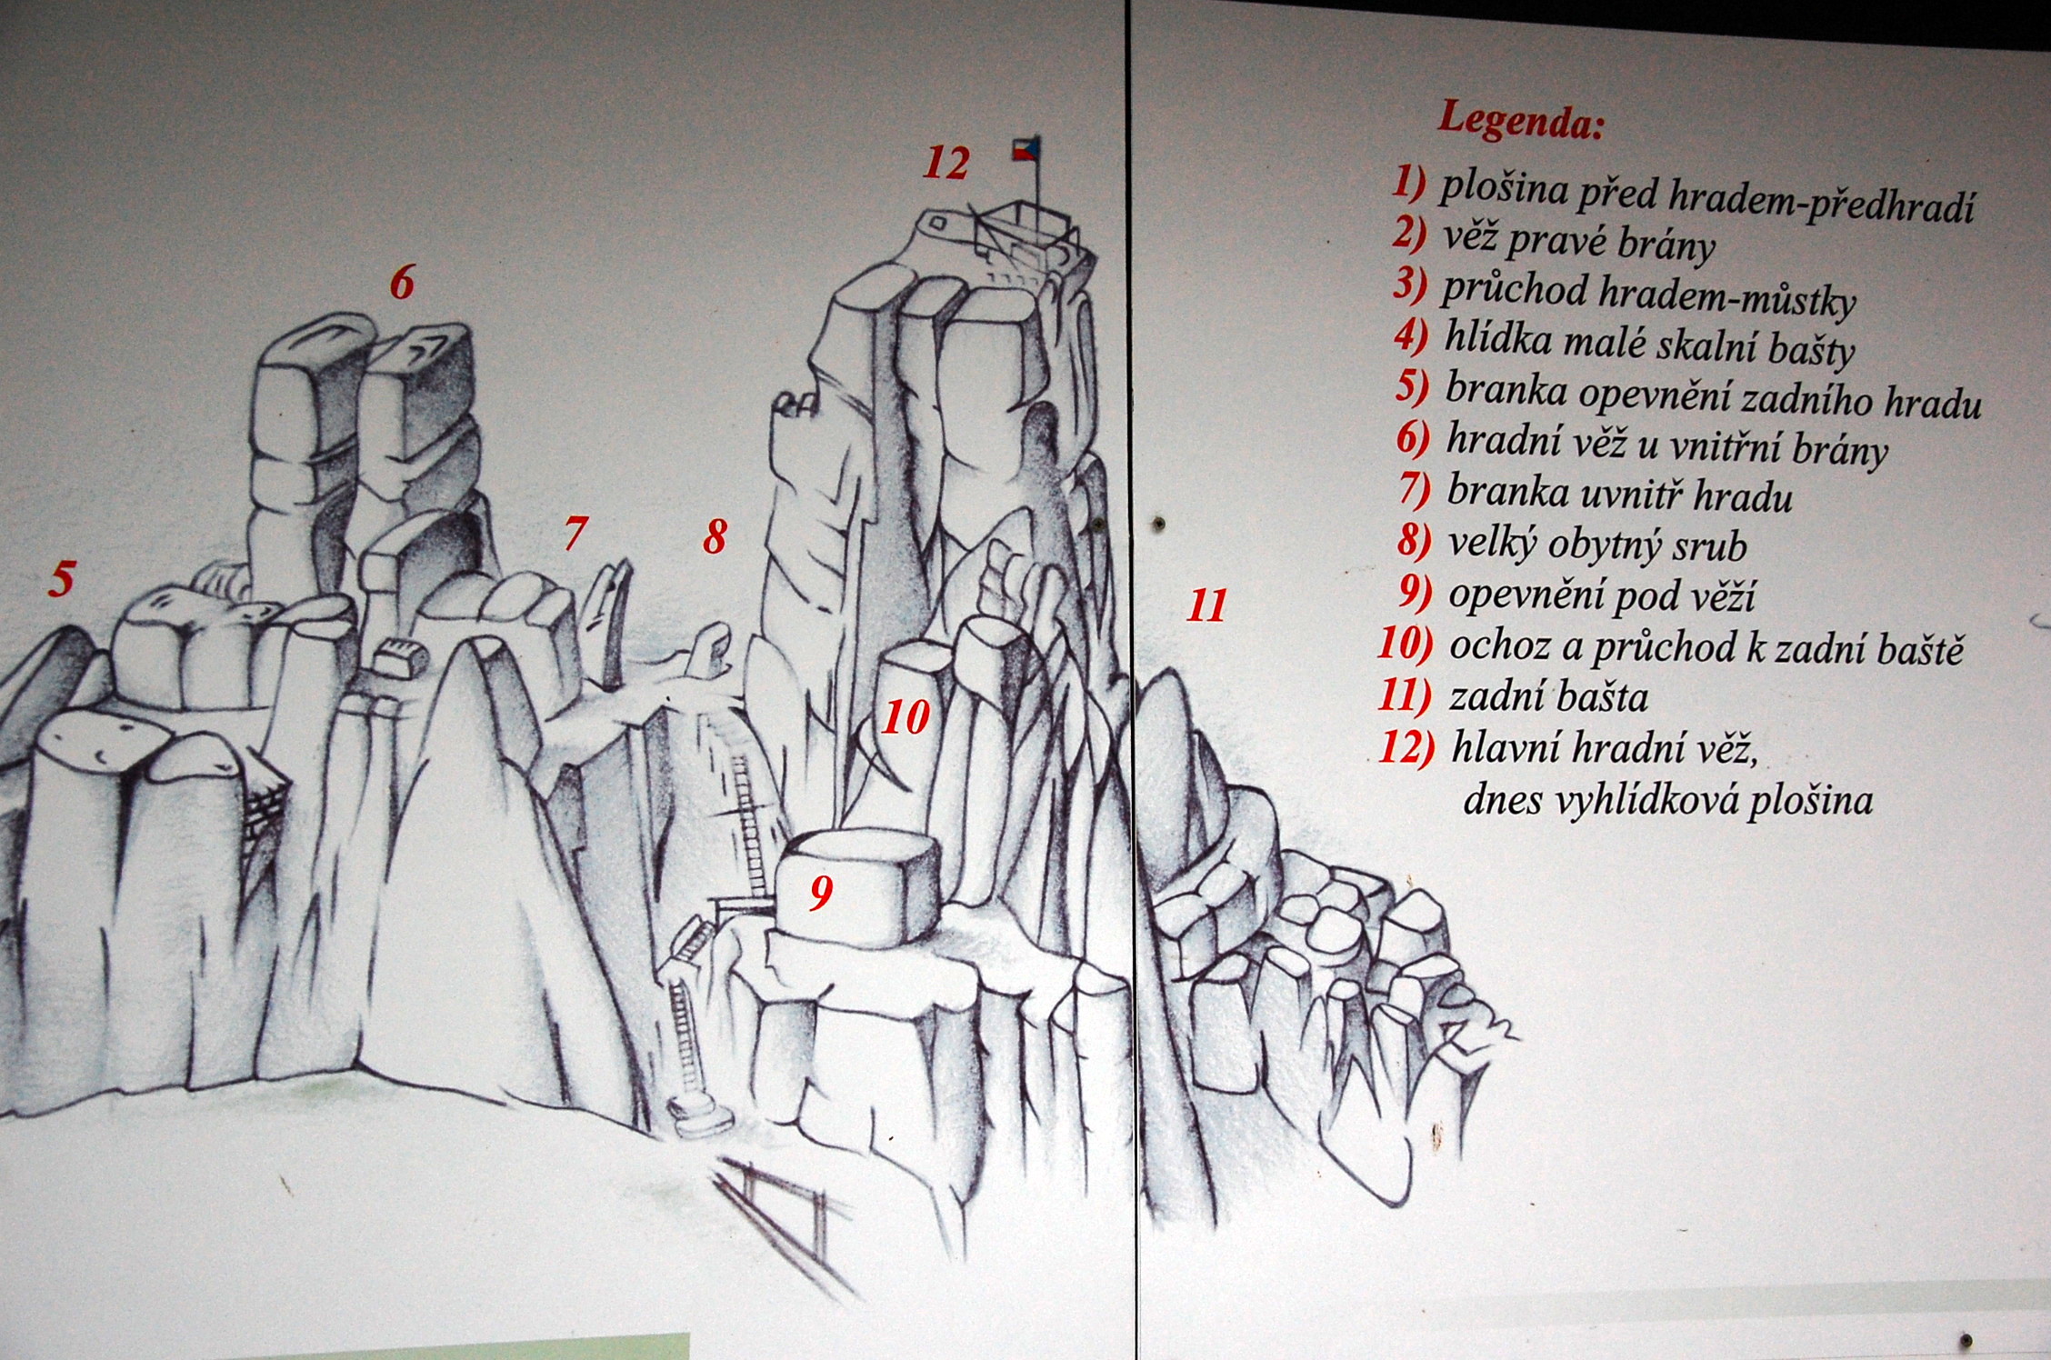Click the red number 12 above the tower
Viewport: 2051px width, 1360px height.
[946, 164]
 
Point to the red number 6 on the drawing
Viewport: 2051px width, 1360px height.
[402, 283]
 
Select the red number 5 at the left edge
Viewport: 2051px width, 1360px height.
[61, 579]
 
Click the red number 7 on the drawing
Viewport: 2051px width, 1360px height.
[575, 533]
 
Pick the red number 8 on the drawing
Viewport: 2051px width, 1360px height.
[715, 537]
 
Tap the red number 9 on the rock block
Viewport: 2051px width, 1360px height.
[821, 893]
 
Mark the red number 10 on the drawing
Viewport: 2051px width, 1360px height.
[906, 717]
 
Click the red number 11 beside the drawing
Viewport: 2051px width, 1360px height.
[1206, 605]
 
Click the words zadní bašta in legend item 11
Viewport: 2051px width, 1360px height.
[1548, 697]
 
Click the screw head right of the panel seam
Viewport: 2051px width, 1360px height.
[1160, 524]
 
